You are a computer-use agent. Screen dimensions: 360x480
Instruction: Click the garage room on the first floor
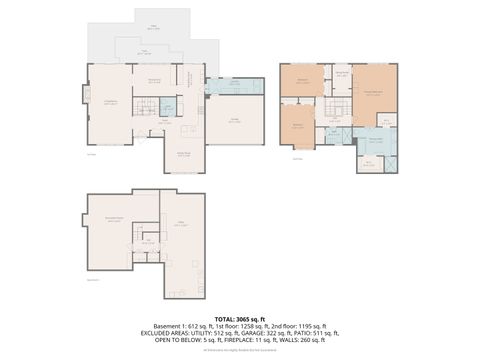(235, 120)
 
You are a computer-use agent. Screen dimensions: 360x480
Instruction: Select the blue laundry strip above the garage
(235, 87)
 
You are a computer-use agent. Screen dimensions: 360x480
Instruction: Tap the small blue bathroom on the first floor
(168, 107)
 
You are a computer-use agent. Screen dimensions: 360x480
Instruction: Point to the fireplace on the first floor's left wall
(87, 95)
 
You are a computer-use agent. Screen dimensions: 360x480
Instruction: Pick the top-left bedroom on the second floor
(303, 80)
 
